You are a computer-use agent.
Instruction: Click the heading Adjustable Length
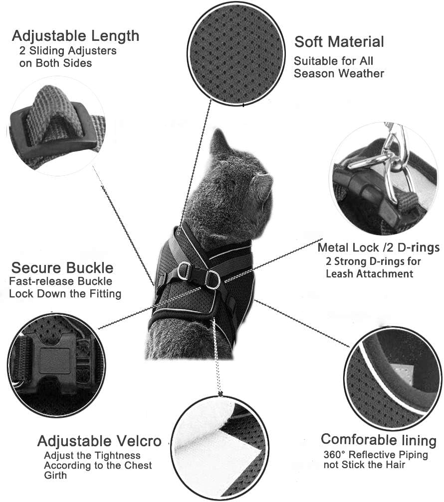[75, 36]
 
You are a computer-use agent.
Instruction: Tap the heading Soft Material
[339, 42]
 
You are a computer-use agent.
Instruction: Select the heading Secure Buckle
[62, 267]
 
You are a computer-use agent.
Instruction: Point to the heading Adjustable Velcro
[99, 441]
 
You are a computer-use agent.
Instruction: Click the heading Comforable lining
[379, 440]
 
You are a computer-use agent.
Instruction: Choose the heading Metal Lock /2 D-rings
[379, 248]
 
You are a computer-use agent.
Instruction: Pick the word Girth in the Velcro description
[55, 475]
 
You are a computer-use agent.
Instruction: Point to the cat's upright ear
[220, 142]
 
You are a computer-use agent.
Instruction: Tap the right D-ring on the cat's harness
[212, 279]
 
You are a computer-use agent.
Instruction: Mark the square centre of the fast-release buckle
[55, 361]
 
